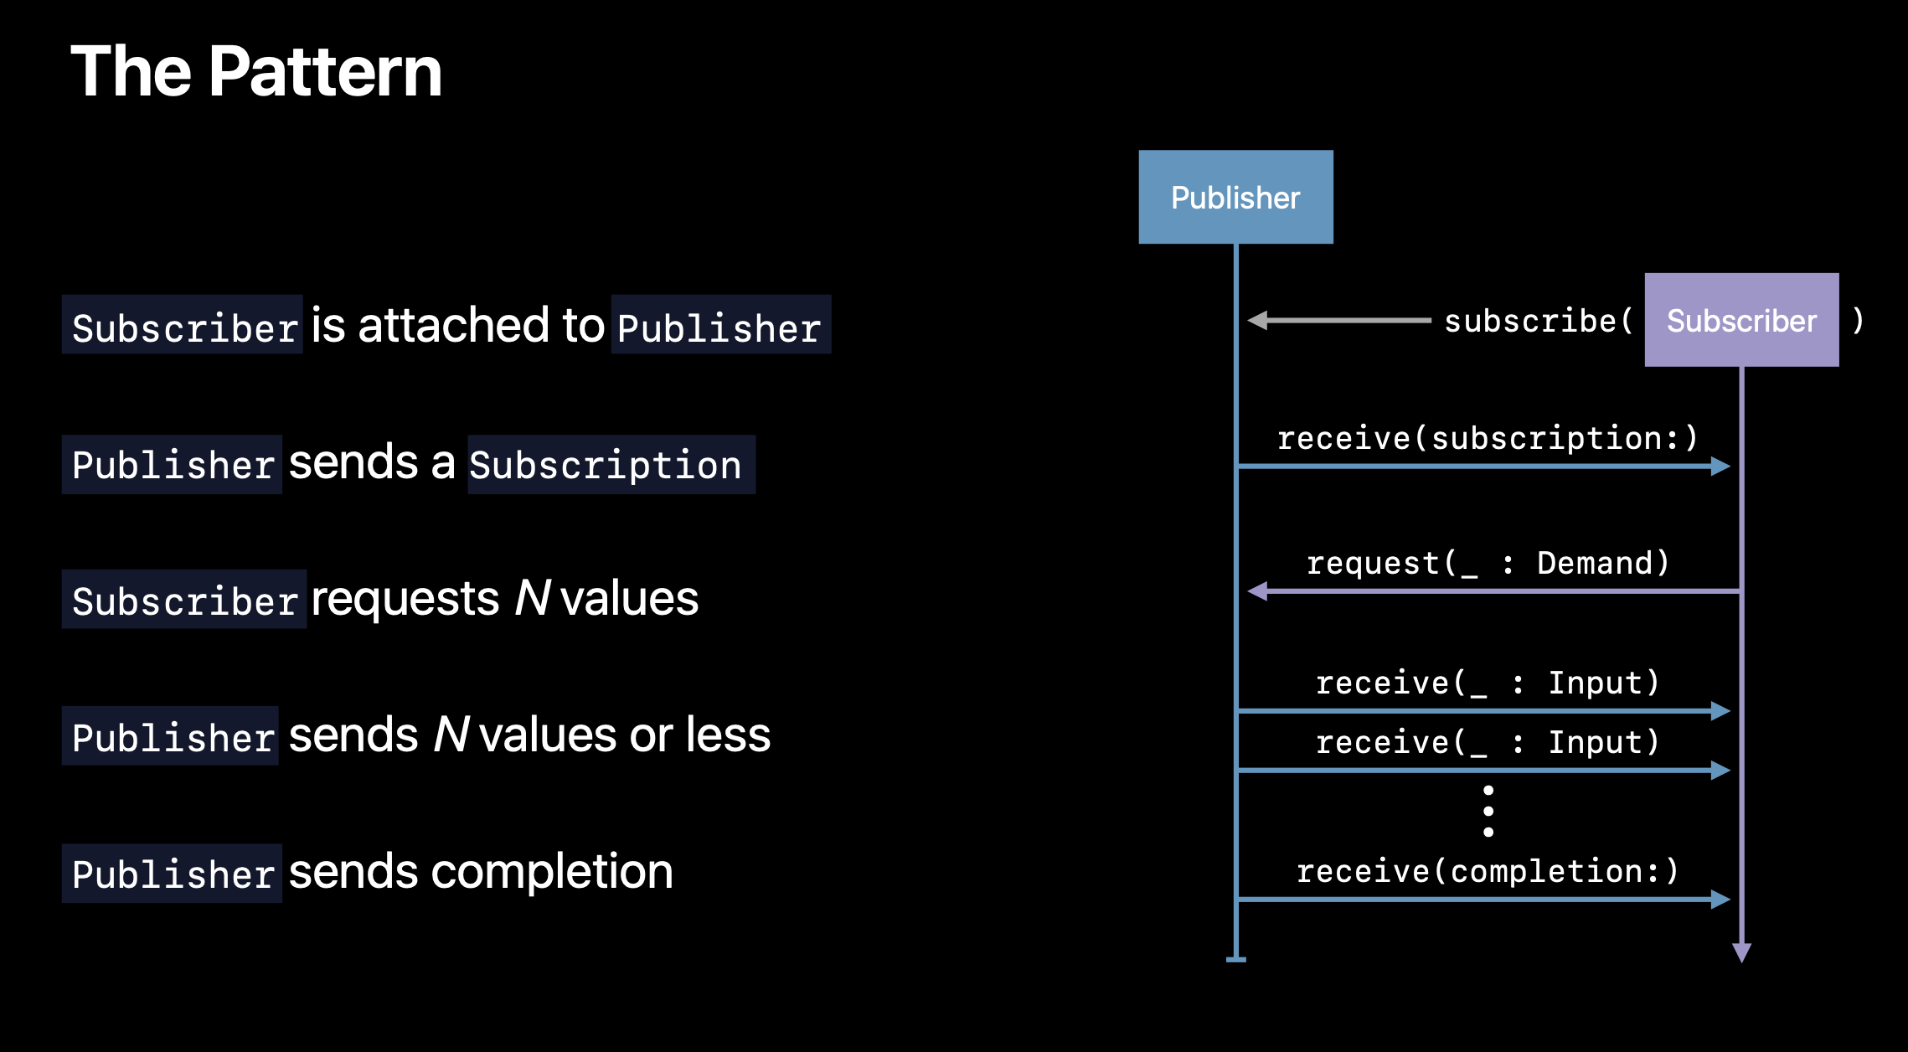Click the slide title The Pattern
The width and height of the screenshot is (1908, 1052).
[256, 72]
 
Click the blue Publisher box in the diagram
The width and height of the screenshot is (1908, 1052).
[1235, 197]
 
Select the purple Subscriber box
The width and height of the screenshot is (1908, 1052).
[1741, 320]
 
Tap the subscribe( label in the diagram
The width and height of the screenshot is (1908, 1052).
[1539, 321]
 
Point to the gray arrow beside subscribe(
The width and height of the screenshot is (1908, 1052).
[1338, 320]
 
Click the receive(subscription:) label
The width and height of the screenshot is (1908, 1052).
[1488, 438]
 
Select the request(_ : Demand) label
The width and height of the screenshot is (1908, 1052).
[1488, 563]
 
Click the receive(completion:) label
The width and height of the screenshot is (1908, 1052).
[1488, 871]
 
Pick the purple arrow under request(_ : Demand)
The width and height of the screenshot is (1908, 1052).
[1493, 591]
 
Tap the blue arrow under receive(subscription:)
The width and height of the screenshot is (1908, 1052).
[1483, 466]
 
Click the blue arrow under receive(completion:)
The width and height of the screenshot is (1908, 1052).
[1483, 900]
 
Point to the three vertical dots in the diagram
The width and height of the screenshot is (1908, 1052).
[1488, 811]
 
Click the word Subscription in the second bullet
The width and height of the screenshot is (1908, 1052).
[606, 465]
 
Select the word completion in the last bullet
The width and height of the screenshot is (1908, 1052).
[552, 873]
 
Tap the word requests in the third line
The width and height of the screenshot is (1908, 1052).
[405, 600]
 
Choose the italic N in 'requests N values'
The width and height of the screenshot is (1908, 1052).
[533, 598]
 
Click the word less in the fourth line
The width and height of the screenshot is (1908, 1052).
[728, 735]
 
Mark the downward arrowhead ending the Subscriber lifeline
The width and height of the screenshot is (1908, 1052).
[1742, 952]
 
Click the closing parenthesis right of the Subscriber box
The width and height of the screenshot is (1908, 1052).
[1858, 320]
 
